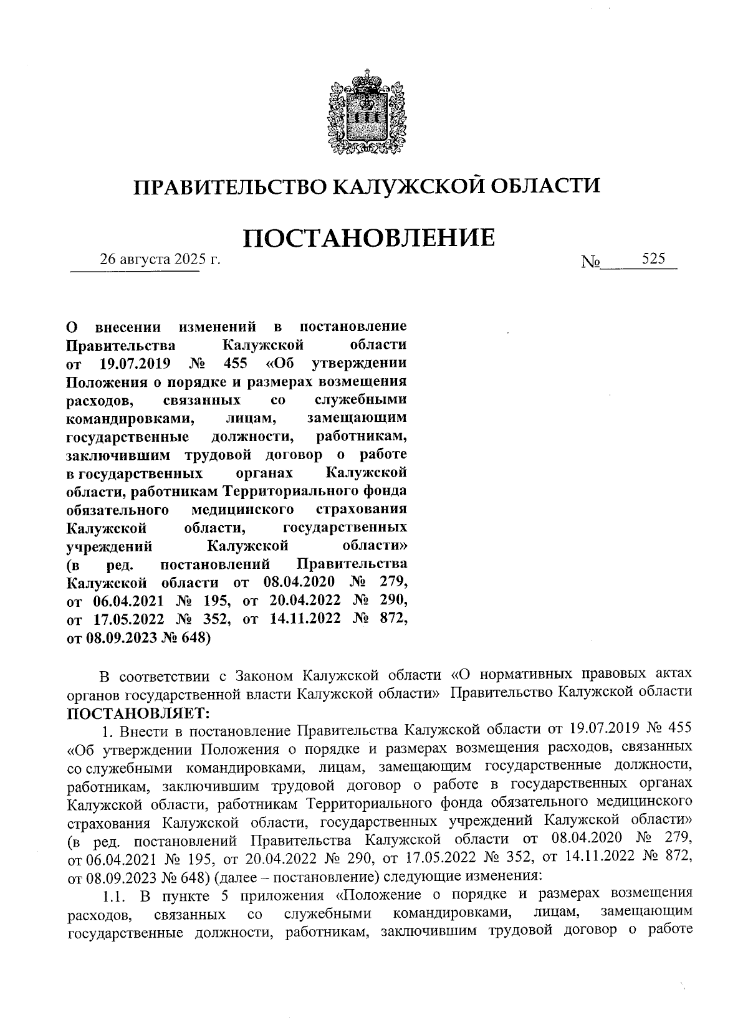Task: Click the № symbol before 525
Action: coord(590,262)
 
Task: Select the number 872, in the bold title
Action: coord(392,619)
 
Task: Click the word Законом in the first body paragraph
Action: coord(262,675)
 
